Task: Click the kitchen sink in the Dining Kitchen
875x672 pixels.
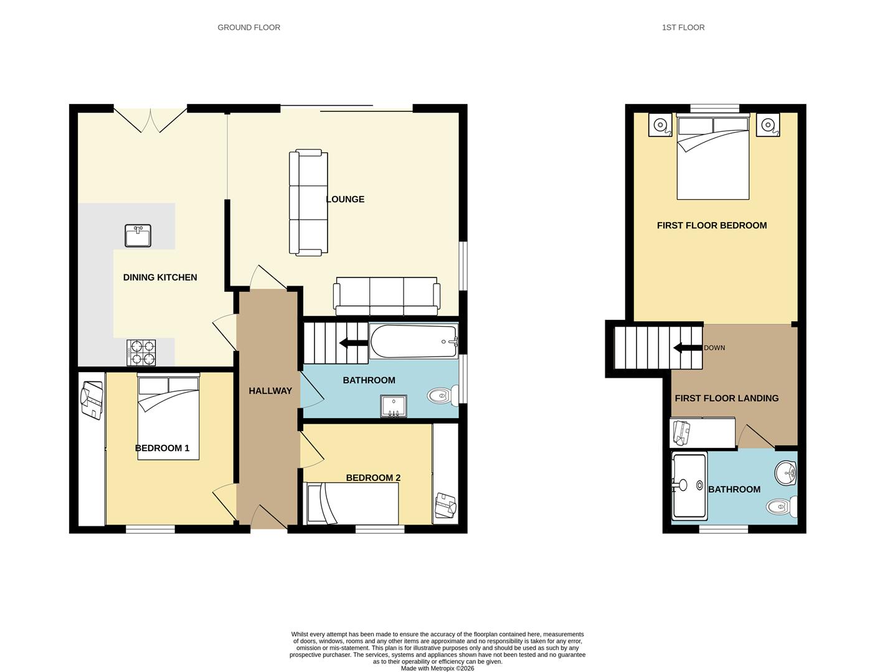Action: pyautogui.click(x=138, y=236)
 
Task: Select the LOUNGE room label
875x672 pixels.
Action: pyautogui.click(x=345, y=199)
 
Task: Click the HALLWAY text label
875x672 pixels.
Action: pyautogui.click(x=270, y=391)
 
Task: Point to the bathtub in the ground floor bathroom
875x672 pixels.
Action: pyautogui.click(x=414, y=341)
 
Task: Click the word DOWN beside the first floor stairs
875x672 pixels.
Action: pyautogui.click(x=714, y=348)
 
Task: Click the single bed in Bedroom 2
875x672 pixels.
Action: pyautogui.click(x=352, y=504)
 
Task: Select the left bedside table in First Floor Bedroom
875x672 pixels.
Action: pyautogui.click(x=660, y=125)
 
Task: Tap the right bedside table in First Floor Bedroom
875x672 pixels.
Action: pyautogui.click(x=768, y=125)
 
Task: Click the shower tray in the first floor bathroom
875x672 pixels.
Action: pyautogui.click(x=689, y=486)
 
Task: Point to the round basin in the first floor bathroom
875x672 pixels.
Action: pyautogui.click(x=787, y=473)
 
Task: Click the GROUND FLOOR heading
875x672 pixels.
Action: pyautogui.click(x=248, y=27)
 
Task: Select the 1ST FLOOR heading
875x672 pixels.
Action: pyautogui.click(x=683, y=27)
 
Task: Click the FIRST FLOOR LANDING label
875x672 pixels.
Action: pyautogui.click(x=726, y=398)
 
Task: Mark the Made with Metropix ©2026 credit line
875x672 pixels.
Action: pyautogui.click(x=437, y=668)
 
